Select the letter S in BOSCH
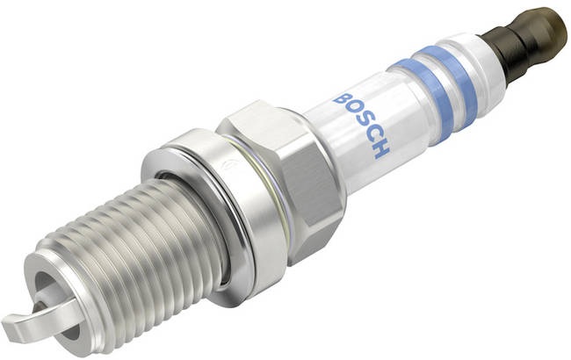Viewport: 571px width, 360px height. [x=365, y=123]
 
